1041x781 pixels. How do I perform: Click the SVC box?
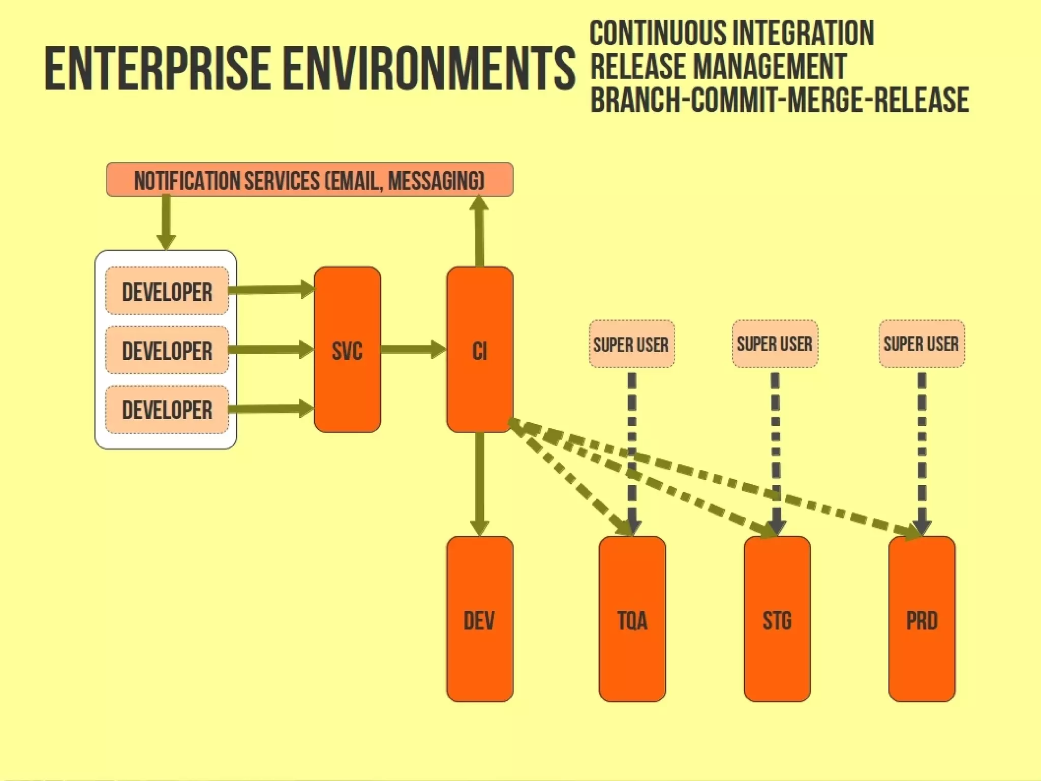pyautogui.click(x=347, y=350)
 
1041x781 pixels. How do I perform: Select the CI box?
pyautogui.click(x=479, y=350)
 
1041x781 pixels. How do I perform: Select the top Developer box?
pyautogui.click(x=167, y=291)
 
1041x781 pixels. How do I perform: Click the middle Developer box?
pyautogui.click(x=167, y=350)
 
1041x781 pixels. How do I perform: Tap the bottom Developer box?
pyautogui.click(x=167, y=410)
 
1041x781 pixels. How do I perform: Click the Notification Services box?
pyautogui.click(x=310, y=179)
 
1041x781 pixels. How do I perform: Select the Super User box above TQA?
pyautogui.click(x=632, y=344)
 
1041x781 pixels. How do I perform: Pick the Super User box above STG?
pyautogui.click(x=775, y=344)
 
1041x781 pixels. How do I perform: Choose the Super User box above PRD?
pyautogui.click(x=922, y=344)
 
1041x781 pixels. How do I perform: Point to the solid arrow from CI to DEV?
pyautogui.click(x=479, y=483)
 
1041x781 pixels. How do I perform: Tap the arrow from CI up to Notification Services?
pyautogui.click(x=479, y=231)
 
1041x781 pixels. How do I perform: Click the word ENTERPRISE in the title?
pyautogui.click(x=158, y=69)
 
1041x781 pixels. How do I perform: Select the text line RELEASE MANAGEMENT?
pyautogui.click(x=718, y=67)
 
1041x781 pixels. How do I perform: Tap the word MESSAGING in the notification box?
pyautogui.click(x=436, y=181)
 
